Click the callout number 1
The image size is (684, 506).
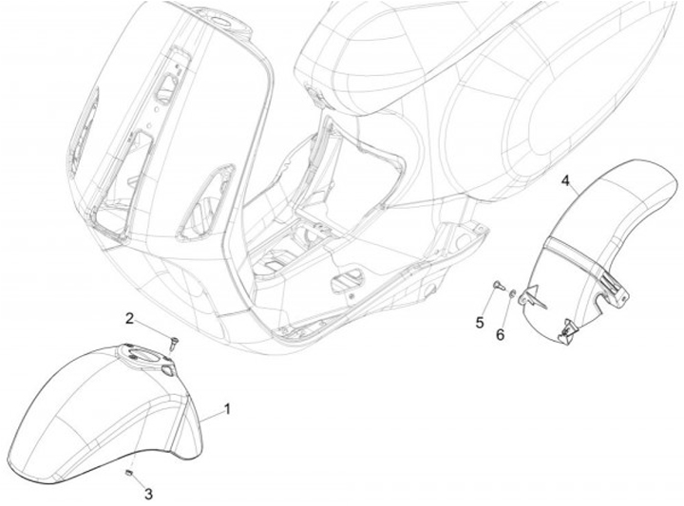click(x=227, y=408)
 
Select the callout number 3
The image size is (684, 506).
click(x=148, y=493)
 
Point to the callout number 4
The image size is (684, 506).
click(x=565, y=179)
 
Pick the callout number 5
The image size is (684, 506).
click(x=481, y=323)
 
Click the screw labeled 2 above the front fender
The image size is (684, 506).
click(x=174, y=341)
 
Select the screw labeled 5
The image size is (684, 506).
click(x=495, y=286)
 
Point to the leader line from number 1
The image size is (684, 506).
click(x=210, y=415)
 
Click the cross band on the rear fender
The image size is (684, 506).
click(x=579, y=249)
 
